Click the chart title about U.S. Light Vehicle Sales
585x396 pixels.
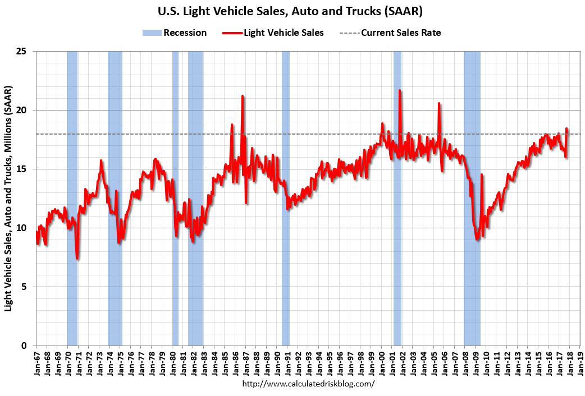[292, 11]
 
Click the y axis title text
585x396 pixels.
[9, 199]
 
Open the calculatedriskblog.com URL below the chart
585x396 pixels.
[308, 384]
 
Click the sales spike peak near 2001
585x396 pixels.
[400, 90]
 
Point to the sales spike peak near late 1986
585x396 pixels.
[243, 96]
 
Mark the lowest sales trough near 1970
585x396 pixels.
[77, 258]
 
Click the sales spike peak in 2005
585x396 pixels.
[439, 103]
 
